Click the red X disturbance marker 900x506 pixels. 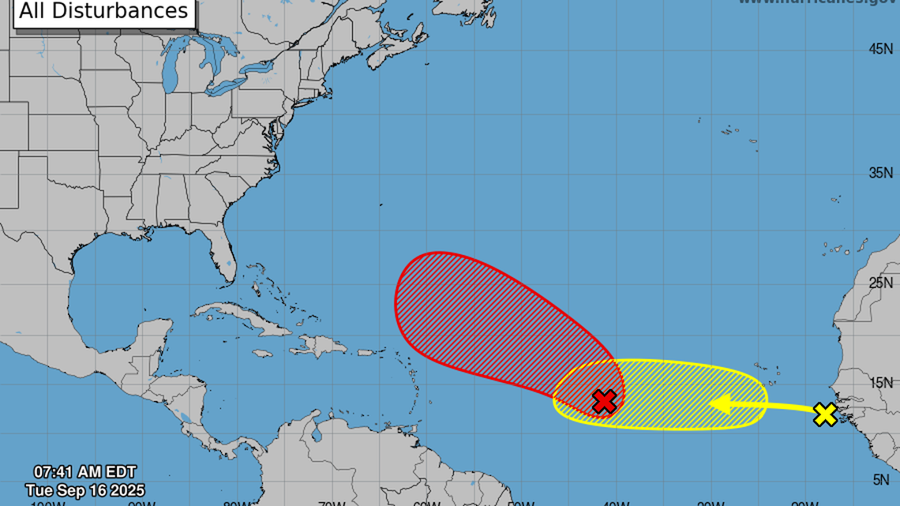coord(604,401)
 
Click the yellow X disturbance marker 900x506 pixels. coord(825,414)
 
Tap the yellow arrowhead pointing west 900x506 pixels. coord(718,405)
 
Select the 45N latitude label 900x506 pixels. coord(880,49)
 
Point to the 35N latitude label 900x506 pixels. coord(880,173)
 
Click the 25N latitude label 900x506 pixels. coord(880,283)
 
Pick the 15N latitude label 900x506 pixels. coord(880,383)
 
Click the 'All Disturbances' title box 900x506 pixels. coord(104,12)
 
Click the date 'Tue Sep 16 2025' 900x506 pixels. coord(84,490)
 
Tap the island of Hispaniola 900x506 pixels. coord(320,345)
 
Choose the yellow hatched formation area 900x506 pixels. coord(687,395)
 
